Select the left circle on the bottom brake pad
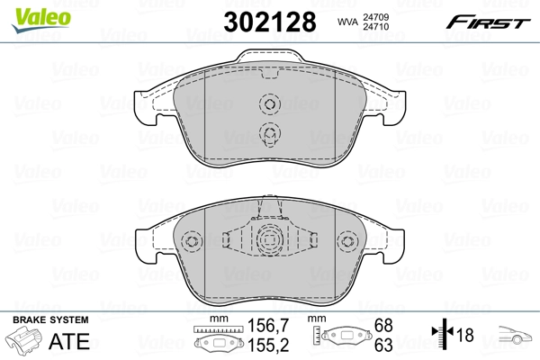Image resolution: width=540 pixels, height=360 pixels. [x=190, y=243]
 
